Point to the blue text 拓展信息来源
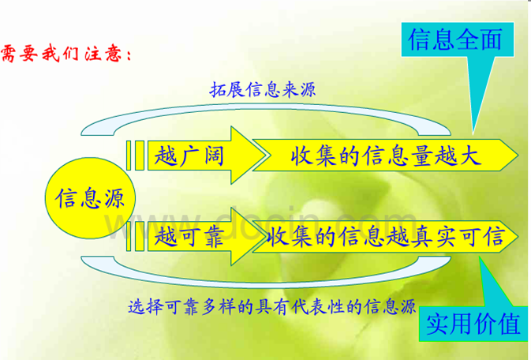263,90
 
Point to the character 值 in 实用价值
509,323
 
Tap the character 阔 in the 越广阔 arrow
211,155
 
